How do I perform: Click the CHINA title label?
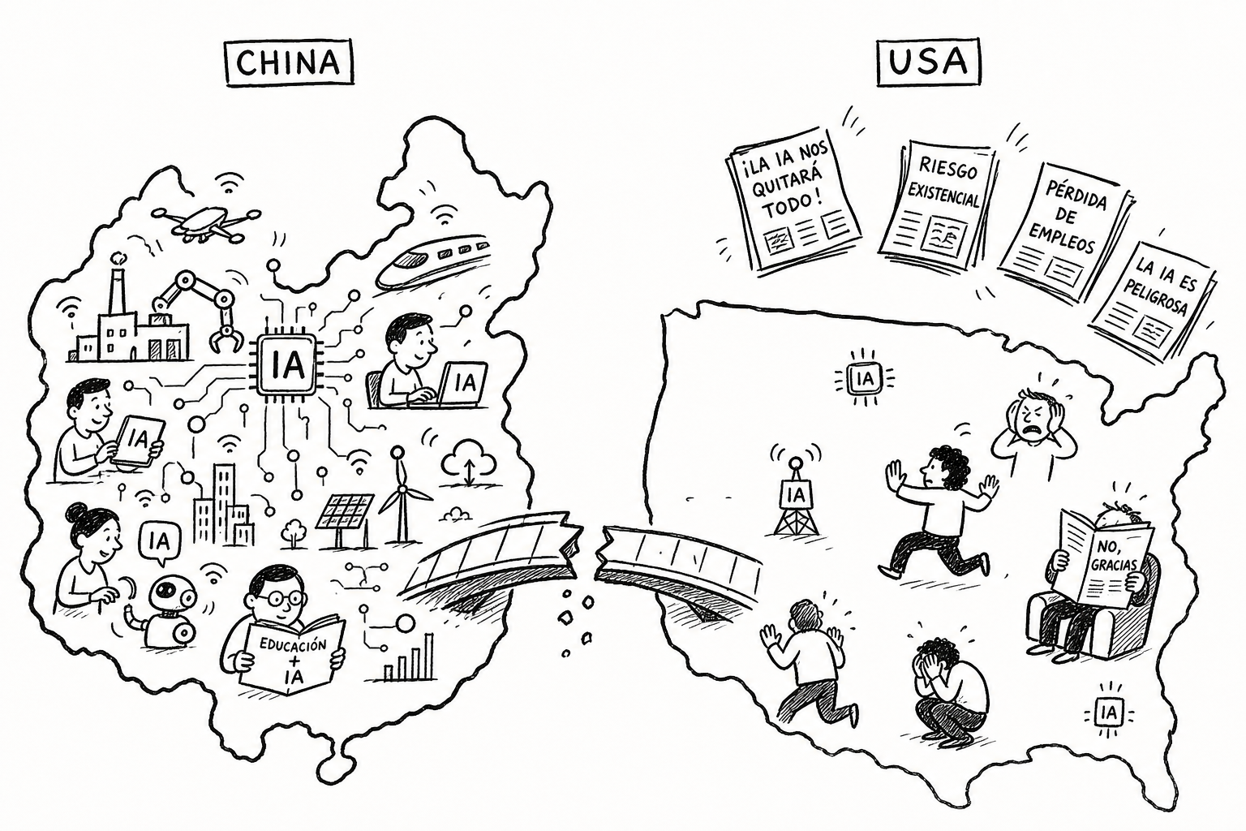tap(290, 62)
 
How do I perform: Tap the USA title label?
tap(928, 62)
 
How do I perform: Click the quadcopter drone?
tap(205, 221)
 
